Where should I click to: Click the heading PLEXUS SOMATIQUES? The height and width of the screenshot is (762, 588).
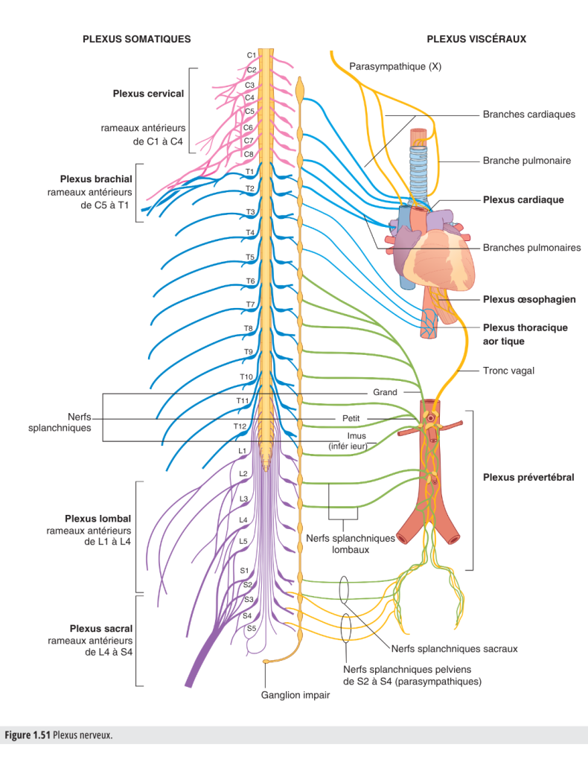click(136, 39)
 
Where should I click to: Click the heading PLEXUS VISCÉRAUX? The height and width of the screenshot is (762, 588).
click(476, 39)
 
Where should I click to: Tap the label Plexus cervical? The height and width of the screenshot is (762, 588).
click(148, 94)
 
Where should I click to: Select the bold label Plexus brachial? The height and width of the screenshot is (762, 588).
click(96, 179)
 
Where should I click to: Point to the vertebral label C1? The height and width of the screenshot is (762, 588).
click(252, 55)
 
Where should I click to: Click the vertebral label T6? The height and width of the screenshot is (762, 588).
click(251, 281)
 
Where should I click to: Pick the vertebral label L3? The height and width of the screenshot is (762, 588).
click(243, 498)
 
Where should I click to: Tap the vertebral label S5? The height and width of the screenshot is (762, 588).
click(252, 629)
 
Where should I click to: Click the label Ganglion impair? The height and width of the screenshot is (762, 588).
click(295, 695)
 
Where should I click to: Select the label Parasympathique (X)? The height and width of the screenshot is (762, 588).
click(395, 66)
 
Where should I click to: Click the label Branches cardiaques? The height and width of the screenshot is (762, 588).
click(528, 115)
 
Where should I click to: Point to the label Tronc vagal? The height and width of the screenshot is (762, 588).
click(508, 370)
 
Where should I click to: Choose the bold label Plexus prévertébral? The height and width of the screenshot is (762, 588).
click(528, 478)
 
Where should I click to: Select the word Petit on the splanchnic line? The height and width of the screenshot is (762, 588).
click(351, 419)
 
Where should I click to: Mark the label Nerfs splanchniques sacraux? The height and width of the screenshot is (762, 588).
click(454, 649)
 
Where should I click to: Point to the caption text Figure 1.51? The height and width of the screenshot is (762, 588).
click(28, 735)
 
